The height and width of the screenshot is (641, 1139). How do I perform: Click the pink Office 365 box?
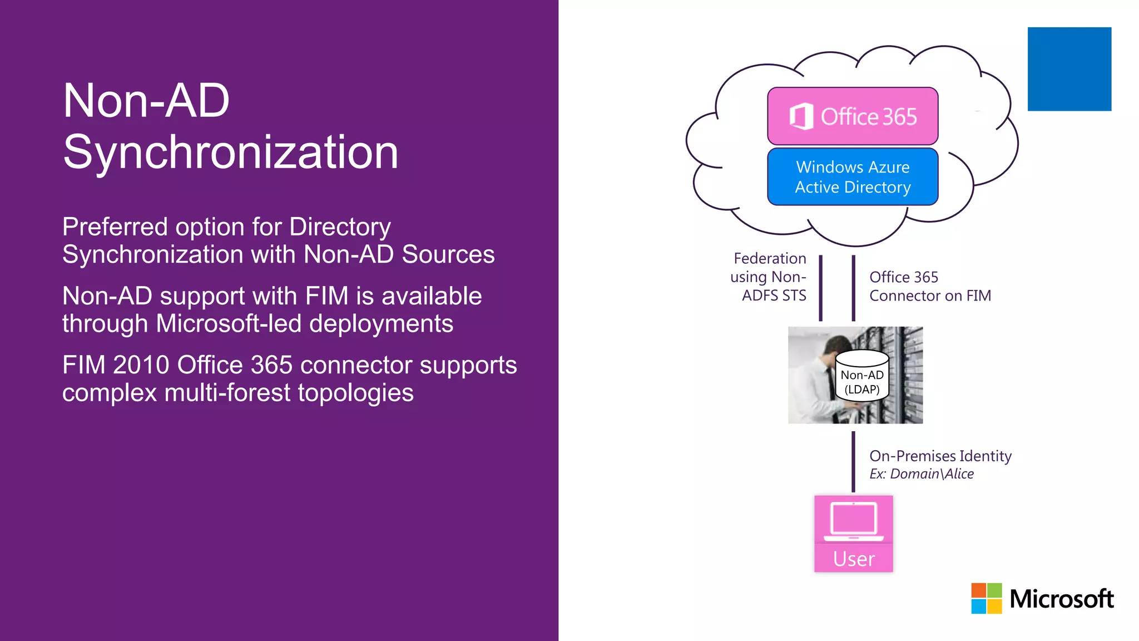852,116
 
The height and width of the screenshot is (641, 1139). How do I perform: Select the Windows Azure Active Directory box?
852,177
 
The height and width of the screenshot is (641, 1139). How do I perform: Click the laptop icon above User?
854,521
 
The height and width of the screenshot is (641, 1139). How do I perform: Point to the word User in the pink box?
854,559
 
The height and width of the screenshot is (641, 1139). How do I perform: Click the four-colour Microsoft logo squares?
986,598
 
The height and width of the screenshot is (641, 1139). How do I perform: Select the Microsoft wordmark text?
1061,599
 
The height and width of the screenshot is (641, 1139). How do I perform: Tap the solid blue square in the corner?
1069,69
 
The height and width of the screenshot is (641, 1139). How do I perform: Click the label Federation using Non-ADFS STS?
769,277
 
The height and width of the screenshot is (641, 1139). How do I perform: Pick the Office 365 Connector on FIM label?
930,286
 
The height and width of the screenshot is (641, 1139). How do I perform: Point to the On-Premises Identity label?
940,456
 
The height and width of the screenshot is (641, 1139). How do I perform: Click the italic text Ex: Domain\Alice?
922,474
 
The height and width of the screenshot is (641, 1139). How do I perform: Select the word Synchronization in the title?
231,152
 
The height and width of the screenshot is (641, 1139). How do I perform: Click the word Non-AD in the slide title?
146,101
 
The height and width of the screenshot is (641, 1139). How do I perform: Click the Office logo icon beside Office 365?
801,116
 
